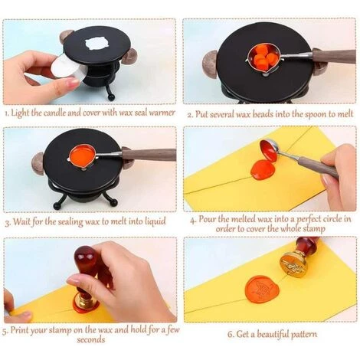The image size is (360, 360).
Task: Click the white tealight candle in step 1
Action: [x=67, y=67]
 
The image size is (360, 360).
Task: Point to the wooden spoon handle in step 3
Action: [x=149, y=155]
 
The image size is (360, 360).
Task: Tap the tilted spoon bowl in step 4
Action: [x=268, y=150]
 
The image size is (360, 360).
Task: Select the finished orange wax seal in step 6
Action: [x=262, y=289]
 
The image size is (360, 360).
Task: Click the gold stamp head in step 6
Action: [x=293, y=264]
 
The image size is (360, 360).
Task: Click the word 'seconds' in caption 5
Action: [x=91, y=340]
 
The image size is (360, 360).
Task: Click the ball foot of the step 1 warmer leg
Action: [x=111, y=97]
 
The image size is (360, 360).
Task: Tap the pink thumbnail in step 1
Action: [x=72, y=81]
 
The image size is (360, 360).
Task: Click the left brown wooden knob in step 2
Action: [x=210, y=62]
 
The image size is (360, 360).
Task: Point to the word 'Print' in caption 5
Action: [x=19, y=331]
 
